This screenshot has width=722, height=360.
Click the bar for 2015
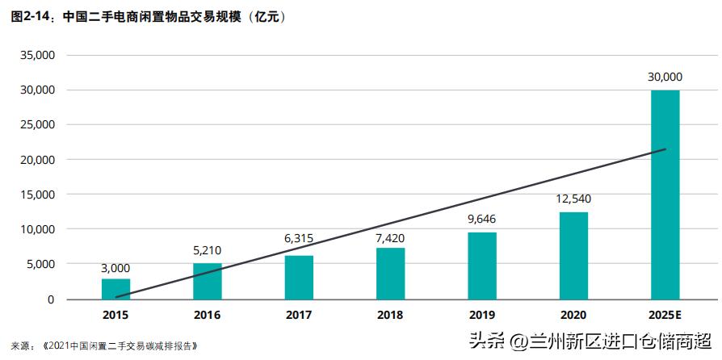pos(115,289)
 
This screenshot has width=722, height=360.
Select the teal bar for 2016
pos(207,281)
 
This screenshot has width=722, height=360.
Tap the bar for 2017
pos(299,277)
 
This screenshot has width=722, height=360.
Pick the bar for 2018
pos(390,274)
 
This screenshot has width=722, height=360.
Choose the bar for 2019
pos(482,266)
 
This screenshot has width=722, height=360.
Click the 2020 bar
pos(573,256)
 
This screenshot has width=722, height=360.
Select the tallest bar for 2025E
pos(665,195)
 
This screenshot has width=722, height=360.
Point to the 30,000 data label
pos(665,77)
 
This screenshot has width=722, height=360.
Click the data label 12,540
pos(573,198)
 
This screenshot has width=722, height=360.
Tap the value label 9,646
pos(482,218)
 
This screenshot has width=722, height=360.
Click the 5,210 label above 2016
pos(207,249)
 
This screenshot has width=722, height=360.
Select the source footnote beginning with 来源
pos(104,345)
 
